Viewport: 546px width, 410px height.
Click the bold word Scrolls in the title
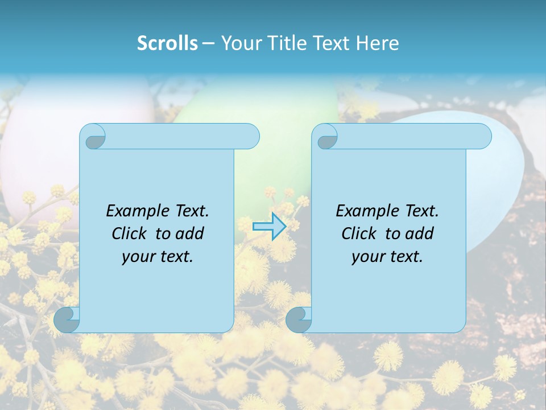pyautogui.click(x=168, y=43)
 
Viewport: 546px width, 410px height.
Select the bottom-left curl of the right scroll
pyautogui.click(x=299, y=319)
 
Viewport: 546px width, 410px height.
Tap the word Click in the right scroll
pyautogui.click(x=358, y=233)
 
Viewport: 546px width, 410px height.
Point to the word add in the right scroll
pyautogui.click(x=419, y=233)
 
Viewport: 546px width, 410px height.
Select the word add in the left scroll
pyautogui.click(x=189, y=233)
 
